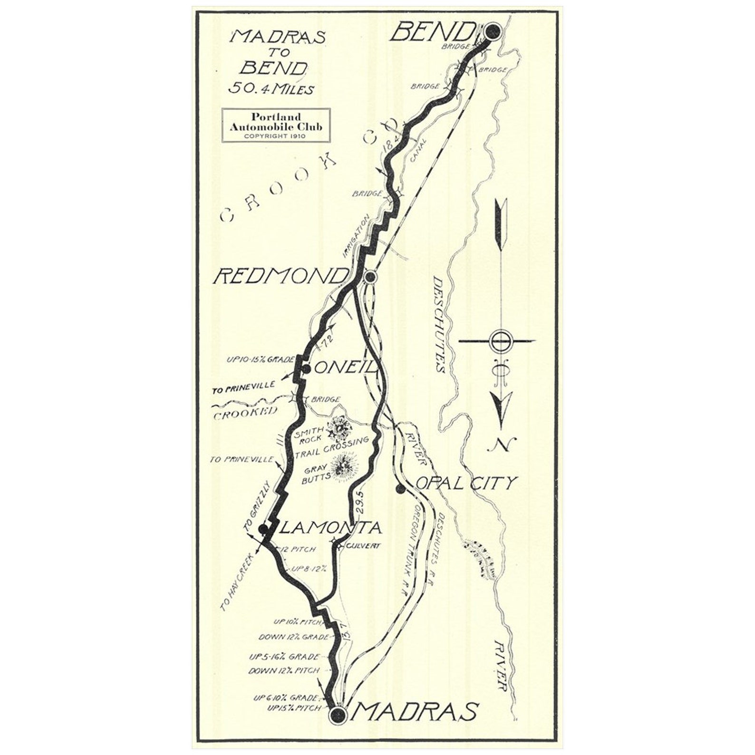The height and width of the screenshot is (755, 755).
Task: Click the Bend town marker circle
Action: (493, 32)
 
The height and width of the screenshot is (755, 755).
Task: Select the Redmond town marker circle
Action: (370, 276)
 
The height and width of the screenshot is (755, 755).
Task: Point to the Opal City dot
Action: (400, 488)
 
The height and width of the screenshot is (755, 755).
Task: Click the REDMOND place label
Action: (281, 276)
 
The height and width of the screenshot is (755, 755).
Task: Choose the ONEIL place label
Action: (346, 368)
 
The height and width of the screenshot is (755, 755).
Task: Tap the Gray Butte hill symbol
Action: (345, 465)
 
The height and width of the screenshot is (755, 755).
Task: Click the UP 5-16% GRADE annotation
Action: (284, 657)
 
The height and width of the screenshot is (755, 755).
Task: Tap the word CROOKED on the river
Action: (245, 413)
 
